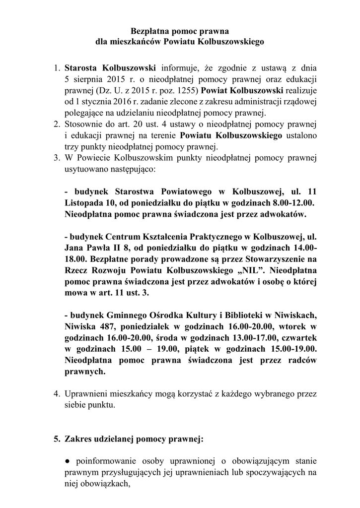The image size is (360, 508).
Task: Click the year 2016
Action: [x=118, y=102]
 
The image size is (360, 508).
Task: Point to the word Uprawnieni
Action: [x=87, y=394]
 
